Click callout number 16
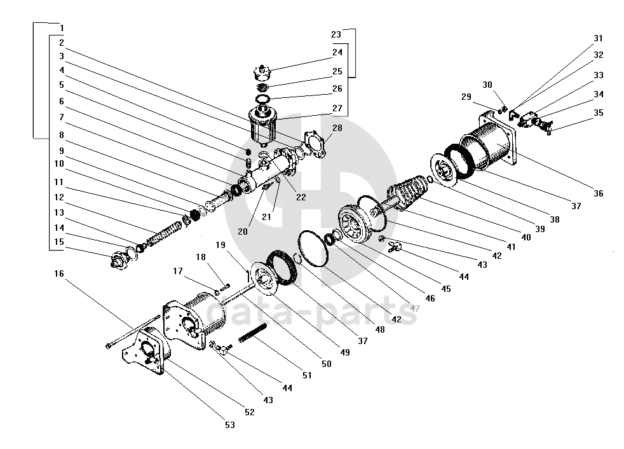coord(59,273)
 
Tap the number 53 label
coord(230,425)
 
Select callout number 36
coord(598,193)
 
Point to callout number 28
coord(337,128)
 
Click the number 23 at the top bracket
coord(336,35)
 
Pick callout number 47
coord(415,308)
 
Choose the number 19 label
coord(220,245)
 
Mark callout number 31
coord(598,39)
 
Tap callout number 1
coord(62,28)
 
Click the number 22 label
coord(301,197)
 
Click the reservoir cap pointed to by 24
coord(262,73)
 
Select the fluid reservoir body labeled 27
coord(262,124)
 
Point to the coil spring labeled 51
coord(252,333)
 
